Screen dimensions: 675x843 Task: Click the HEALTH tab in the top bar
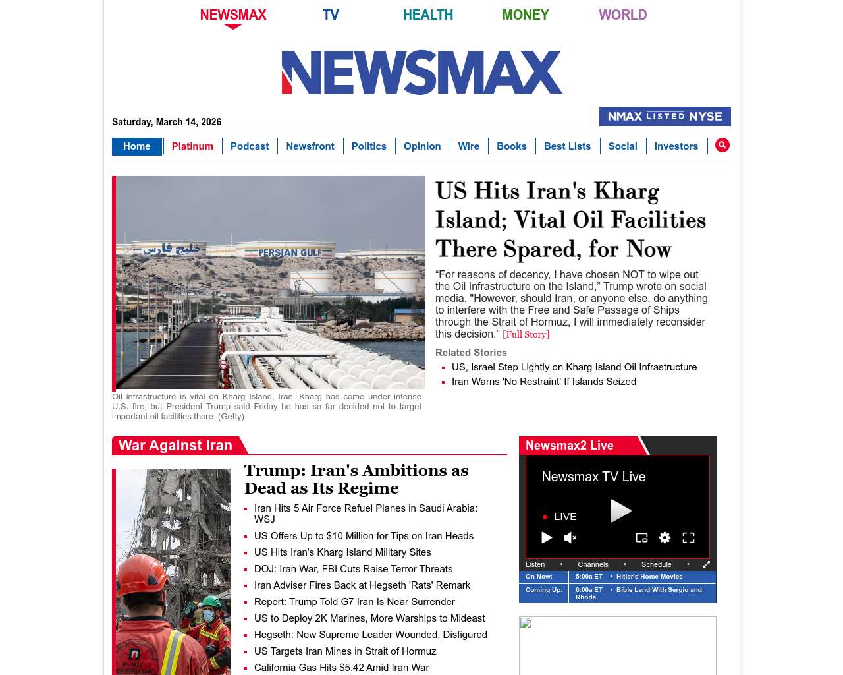point(427,15)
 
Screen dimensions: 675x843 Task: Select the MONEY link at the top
point(525,15)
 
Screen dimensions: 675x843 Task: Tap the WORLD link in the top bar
point(622,15)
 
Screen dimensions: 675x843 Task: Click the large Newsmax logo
point(421,73)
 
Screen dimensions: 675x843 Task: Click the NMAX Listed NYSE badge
point(665,117)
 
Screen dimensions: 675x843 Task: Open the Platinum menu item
point(192,146)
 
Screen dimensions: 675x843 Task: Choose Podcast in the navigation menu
point(250,146)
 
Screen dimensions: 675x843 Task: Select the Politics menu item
point(369,146)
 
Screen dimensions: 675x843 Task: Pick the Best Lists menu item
point(567,146)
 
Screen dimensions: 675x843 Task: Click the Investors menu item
point(676,146)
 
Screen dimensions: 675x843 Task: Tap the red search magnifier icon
point(722,145)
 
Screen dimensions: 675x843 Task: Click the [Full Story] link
point(526,334)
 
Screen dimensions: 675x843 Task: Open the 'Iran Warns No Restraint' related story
point(544,382)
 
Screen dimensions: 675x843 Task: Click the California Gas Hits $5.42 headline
point(341,668)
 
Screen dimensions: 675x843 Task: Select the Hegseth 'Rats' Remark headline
point(362,585)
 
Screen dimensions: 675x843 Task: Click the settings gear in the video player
point(665,538)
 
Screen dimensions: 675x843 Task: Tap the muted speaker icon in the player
point(570,538)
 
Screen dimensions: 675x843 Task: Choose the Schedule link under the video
point(656,564)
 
